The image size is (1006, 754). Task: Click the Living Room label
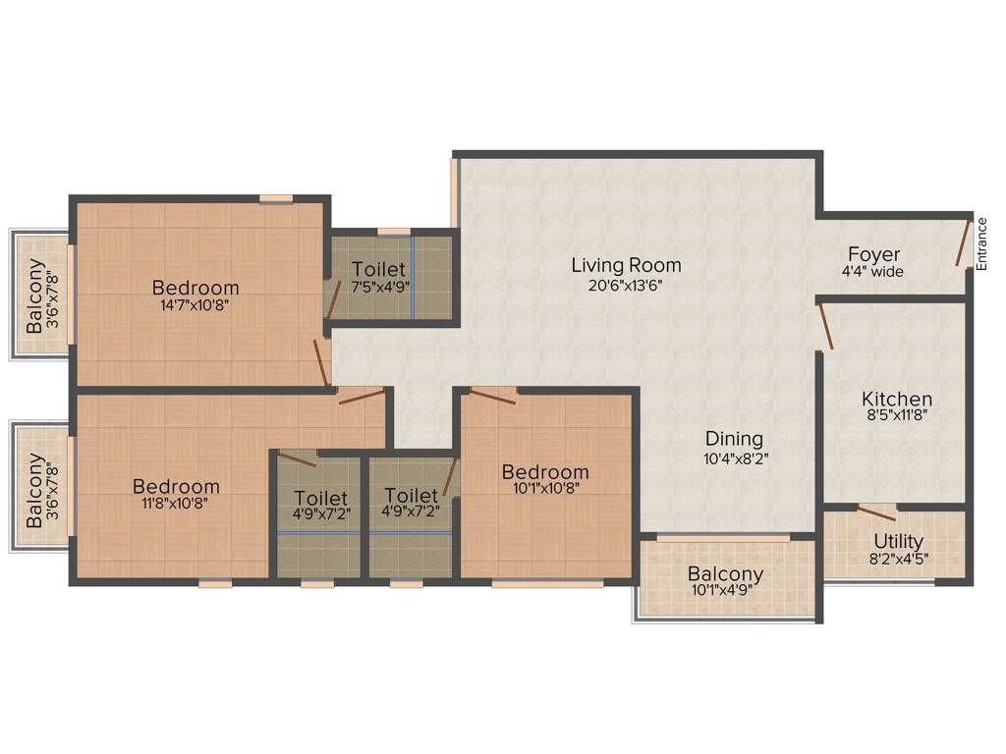pyautogui.click(x=626, y=265)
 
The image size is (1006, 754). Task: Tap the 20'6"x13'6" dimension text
pyautogui.click(x=626, y=286)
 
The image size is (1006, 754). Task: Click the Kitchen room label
pyautogui.click(x=896, y=399)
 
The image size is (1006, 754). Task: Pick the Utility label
pyautogui.click(x=898, y=541)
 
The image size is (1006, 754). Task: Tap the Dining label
pyautogui.click(x=733, y=439)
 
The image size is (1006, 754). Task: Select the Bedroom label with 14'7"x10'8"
pyautogui.click(x=196, y=288)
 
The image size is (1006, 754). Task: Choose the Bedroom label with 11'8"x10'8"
pyautogui.click(x=176, y=486)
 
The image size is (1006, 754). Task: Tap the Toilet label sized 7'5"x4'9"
pyautogui.click(x=378, y=269)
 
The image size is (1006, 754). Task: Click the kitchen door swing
pyautogui.click(x=825, y=326)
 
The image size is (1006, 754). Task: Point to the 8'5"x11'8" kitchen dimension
pyautogui.click(x=896, y=415)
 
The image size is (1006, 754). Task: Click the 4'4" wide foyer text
pyautogui.click(x=873, y=272)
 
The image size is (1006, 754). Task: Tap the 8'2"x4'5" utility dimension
pyautogui.click(x=898, y=559)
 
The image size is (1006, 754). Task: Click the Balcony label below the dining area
pyautogui.click(x=725, y=574)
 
